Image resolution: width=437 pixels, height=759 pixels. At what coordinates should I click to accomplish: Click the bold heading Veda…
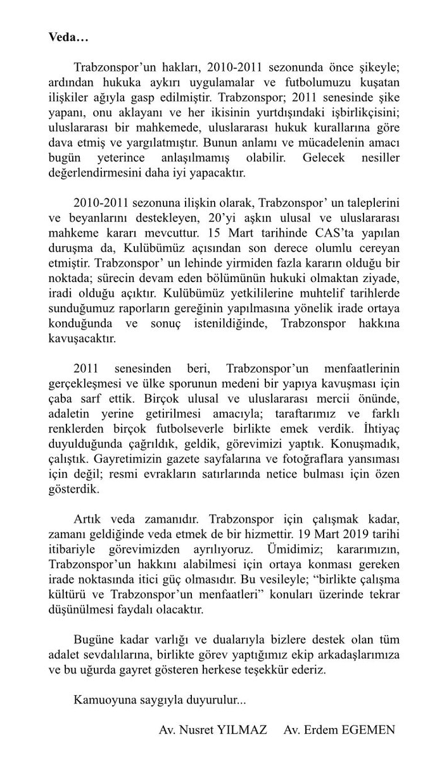pos(69,37)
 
